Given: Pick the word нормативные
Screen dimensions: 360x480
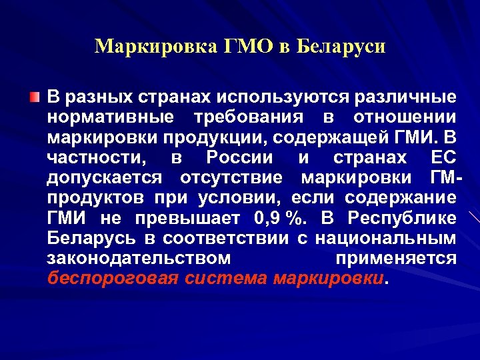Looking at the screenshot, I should coord(110,118).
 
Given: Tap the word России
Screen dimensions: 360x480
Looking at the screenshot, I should coord(240,159).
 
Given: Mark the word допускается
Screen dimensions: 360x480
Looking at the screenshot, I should coord(105,179).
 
